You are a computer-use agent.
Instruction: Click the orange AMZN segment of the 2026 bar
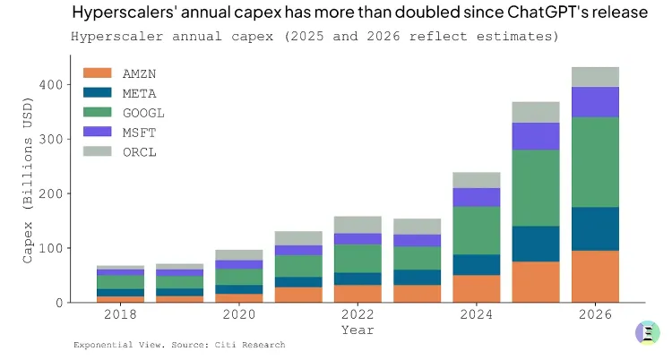(x=596, y=276)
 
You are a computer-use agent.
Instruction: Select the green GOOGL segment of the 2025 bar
(x=536, y=187)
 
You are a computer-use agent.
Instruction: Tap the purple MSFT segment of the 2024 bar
(x=477, y=197)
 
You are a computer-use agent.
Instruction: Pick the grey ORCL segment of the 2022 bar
(x=358, y=225)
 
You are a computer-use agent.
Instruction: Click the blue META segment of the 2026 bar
(x=596, y=228)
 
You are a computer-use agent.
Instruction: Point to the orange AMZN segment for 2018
(x=120, y=298)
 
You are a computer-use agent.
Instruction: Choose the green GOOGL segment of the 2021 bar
(x=298, y=266)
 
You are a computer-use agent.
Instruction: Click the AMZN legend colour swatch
(x=98, y=73)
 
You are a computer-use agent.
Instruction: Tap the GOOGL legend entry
(x=143, y=112)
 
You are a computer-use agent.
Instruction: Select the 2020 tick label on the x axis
(x=239, y=315)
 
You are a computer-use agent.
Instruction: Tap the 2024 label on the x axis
(x=477, y=315)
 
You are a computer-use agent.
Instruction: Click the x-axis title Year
(x=358, y=330)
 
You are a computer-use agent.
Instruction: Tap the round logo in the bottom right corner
(x=647, y=332)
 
